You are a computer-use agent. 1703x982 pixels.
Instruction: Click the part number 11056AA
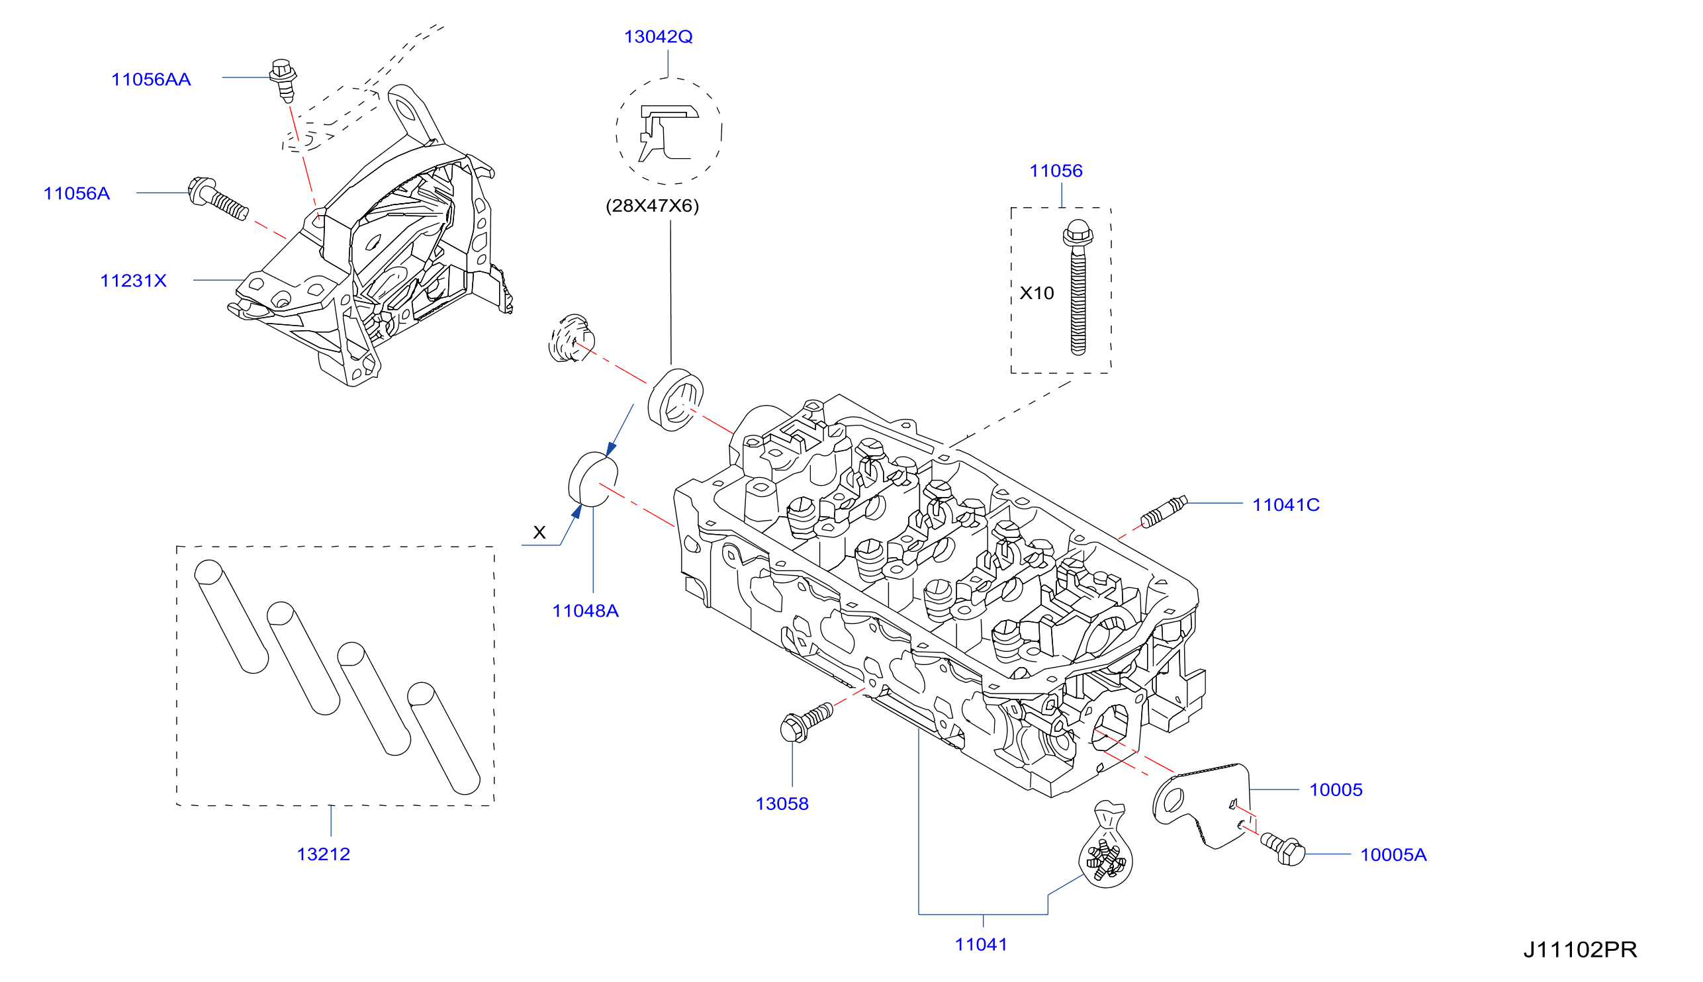pos(151,79)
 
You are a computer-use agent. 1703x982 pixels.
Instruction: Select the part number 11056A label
pos(76,194)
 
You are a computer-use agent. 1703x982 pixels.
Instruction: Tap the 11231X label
pos(133,281)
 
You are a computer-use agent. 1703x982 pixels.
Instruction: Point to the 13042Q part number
pos(659,36)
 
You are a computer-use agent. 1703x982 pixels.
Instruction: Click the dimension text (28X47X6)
pos(652,206)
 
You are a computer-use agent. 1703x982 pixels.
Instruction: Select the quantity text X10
pos(1036,293)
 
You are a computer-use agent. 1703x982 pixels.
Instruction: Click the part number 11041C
pos(1285,504)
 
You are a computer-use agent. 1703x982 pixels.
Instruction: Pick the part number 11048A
pos(586,611)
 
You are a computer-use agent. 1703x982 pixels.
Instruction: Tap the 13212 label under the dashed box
pos(323,854)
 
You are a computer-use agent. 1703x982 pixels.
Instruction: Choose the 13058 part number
pos(782,804)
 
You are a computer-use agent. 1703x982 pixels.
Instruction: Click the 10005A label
pos(1393,855)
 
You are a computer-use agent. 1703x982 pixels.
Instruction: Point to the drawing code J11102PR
pos(1580,950)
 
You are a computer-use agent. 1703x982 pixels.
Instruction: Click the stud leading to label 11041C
pos(1164,512)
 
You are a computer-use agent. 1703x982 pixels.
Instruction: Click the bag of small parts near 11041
pos(1105,846)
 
